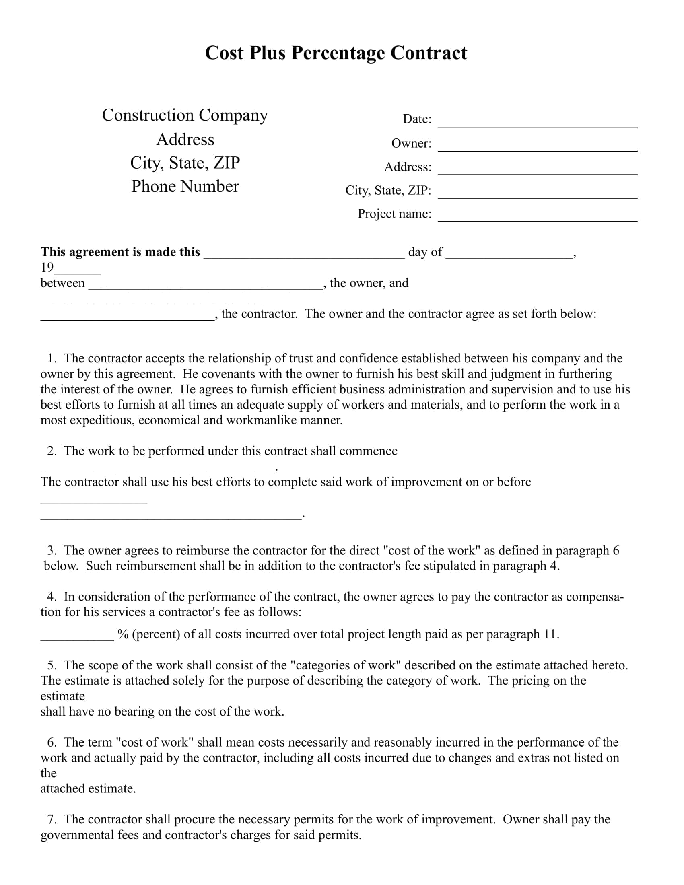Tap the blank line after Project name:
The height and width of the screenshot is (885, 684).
click(537, 216)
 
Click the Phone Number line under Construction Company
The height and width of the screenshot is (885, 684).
click(185, 186)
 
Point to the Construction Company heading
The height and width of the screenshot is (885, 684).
click(185, 115)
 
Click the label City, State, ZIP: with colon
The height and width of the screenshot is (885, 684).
click(388, 190)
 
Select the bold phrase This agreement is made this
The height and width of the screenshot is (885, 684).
click(120, 252)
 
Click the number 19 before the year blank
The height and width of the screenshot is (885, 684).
click(47, 268)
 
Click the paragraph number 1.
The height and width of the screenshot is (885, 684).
click(52, 358)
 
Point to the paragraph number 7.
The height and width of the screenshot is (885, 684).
click(52, 819)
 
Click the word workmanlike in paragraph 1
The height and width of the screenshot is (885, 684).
click(262, 420)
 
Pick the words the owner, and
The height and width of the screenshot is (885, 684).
click(369, 283)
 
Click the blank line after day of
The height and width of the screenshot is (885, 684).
click(509, 254)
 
